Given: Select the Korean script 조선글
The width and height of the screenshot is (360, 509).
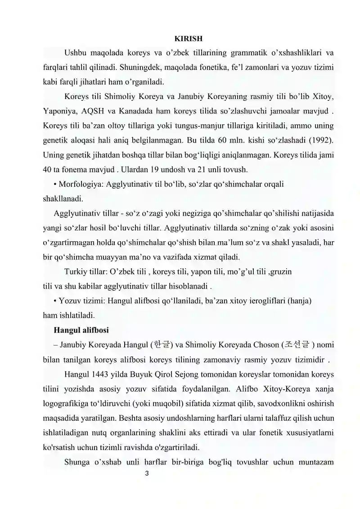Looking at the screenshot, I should [296, 345].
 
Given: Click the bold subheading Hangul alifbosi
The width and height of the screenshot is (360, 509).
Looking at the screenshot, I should [81, 330].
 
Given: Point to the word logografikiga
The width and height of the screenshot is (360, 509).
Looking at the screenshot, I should [68, 403].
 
